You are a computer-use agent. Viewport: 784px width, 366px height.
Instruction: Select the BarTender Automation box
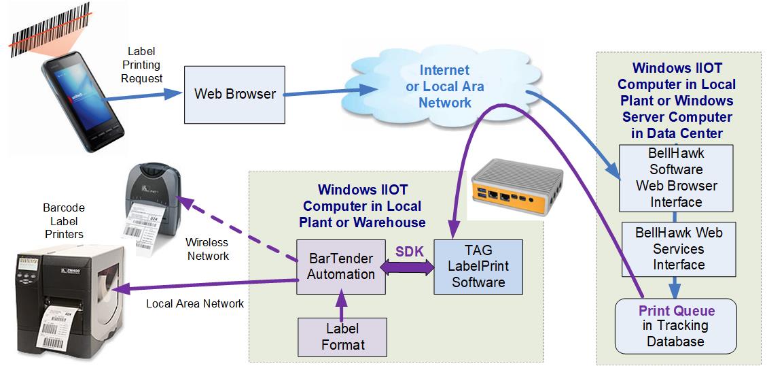pyautogui.click(x=340, y=267)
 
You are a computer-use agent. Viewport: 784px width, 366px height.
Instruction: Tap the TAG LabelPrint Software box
pyautogui.click(x=478, y=267)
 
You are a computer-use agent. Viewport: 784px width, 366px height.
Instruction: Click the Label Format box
pyautogui.click(x=342, y=337)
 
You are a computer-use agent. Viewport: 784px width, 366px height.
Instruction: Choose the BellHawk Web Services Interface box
pyautogui.click(x=679, y=249)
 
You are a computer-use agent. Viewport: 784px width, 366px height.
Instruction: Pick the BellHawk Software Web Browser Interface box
pyautogui.click(x=675, y=177)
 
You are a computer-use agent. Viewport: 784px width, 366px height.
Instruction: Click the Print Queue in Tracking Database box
pyautogui.click(x=675, y=326)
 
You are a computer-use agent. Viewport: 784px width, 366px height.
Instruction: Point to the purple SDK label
pyautogui.click(x=410, y=251)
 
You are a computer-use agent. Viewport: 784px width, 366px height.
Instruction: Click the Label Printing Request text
pyautogui.click(x=142, y=65)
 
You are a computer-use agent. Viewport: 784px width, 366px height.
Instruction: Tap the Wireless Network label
pyautogui.click(x=207, y=249)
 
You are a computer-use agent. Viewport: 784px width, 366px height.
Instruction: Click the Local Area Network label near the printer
pyautogui.click(x=195, y=303)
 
